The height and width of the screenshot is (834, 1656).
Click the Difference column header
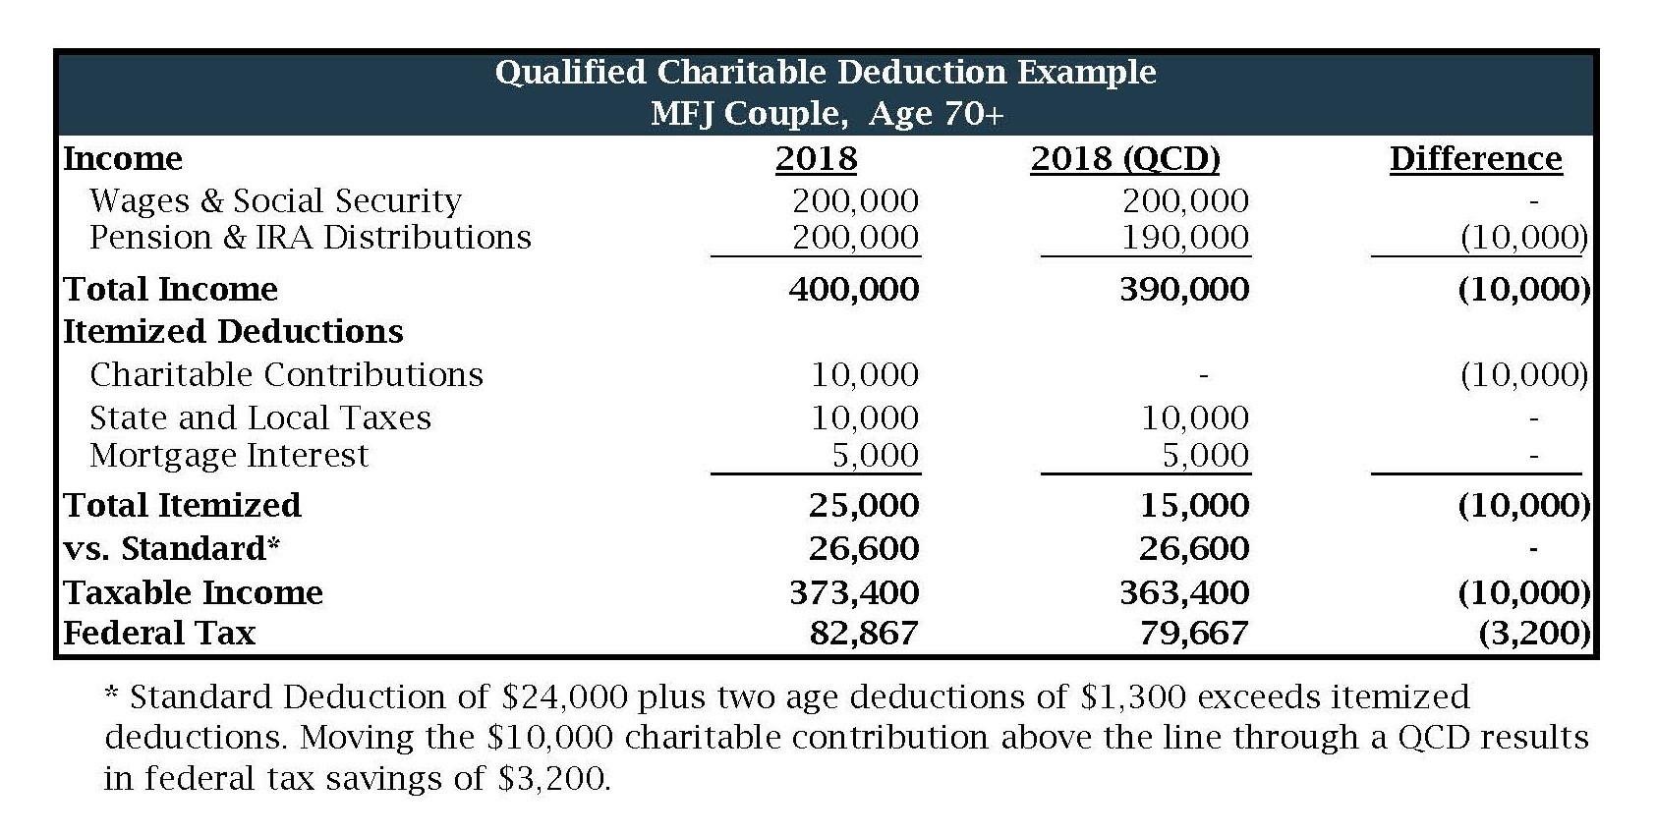1475,159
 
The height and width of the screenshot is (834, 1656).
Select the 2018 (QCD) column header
1125,159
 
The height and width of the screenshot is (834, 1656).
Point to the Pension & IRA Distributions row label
310,238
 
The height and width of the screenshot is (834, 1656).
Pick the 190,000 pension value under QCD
1185,238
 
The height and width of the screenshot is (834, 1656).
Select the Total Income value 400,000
854,290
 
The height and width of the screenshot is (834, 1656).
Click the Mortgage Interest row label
228,456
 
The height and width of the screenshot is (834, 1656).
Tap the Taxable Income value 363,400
1184,593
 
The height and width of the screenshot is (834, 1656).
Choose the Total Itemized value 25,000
864,506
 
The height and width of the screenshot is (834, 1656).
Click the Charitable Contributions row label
286,375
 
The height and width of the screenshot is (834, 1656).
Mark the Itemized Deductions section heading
233,332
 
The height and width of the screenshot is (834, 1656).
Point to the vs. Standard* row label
172,548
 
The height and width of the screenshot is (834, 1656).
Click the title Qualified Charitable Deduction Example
826,73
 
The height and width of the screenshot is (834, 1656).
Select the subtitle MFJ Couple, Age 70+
828,114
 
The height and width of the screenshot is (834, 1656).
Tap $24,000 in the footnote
563,697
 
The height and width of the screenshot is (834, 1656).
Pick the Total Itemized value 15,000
1194,506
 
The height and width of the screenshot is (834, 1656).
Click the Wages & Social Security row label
275,201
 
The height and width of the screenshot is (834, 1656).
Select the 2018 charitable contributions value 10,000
865,375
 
